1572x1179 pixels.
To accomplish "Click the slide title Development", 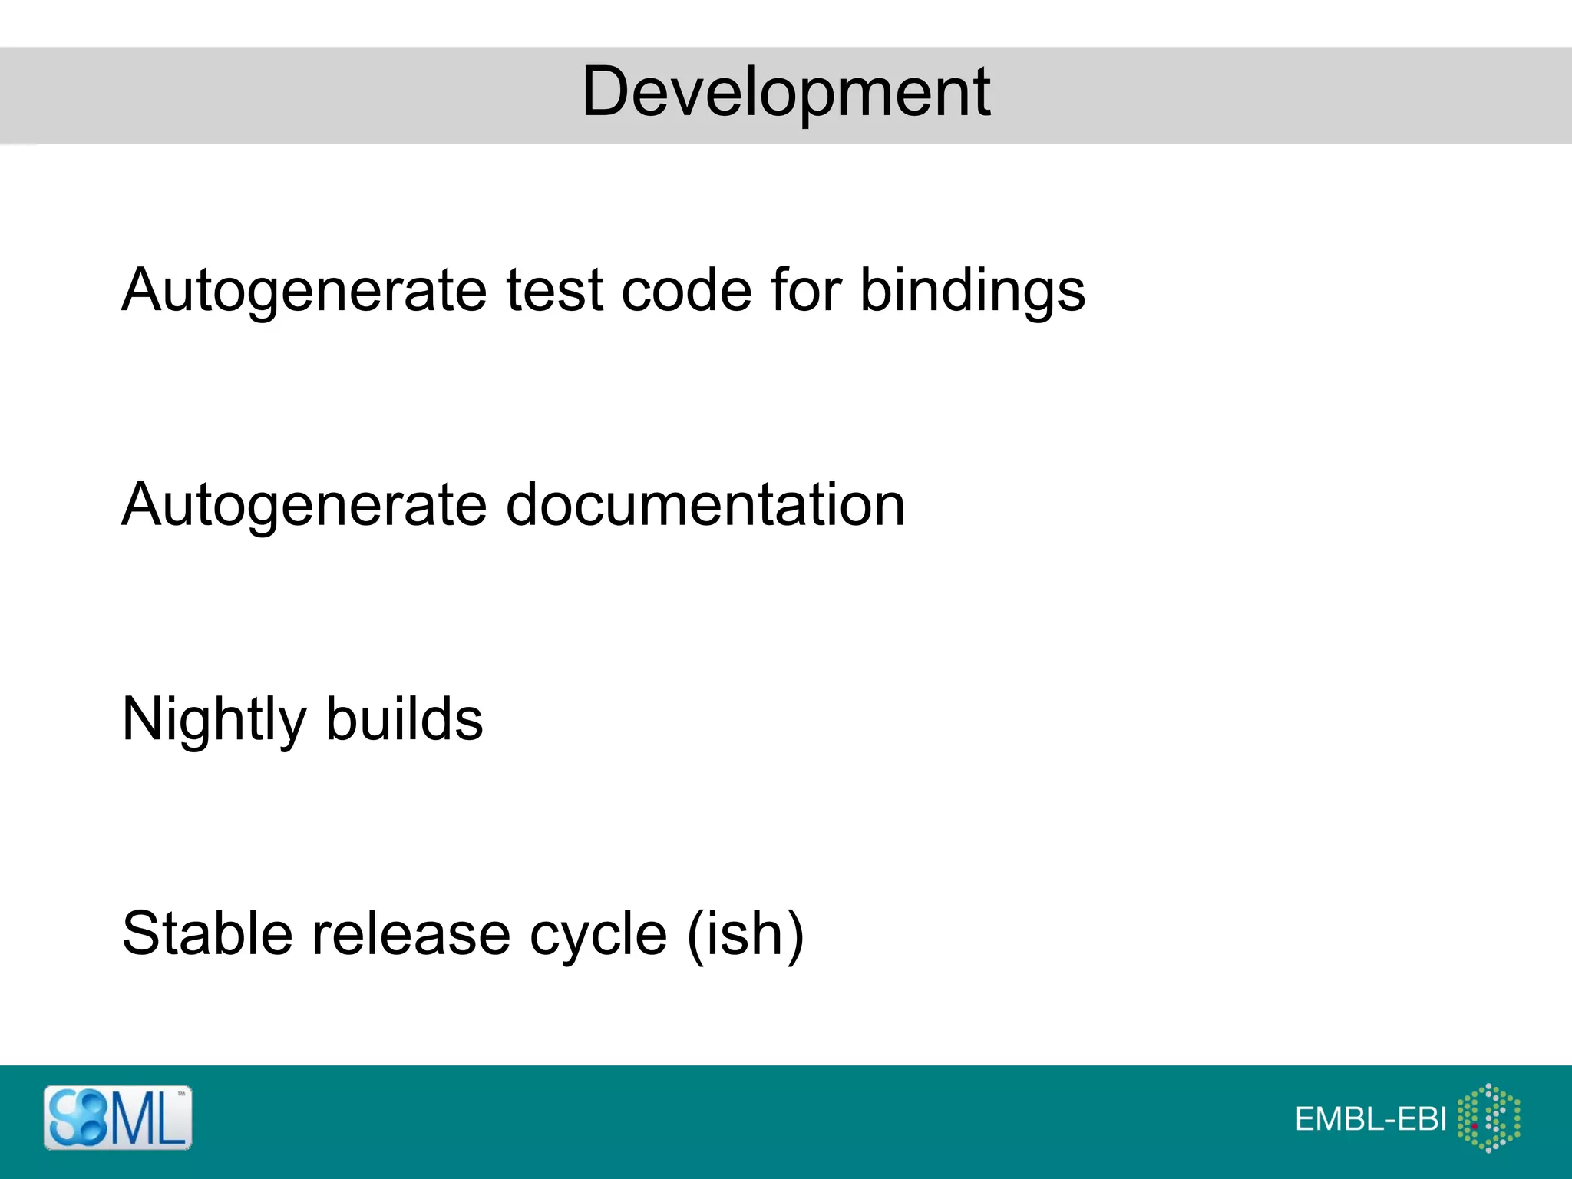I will pos(786,92).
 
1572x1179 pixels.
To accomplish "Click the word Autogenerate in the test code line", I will pos(304,290).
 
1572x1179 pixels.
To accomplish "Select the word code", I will pos(686,290).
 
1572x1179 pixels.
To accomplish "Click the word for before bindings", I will pos(806,290).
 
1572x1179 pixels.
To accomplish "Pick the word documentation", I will pos(705,505).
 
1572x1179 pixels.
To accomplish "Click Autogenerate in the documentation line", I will pos(304,505).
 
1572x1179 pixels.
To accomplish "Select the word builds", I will pos(404,720).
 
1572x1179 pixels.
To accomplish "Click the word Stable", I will pos(207,933).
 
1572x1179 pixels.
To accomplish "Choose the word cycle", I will pos(598,933).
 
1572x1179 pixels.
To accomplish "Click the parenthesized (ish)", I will pos(745,933).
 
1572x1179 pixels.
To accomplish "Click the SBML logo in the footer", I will pos(117,1118).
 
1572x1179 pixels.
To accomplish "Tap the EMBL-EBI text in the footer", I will pos(1370,1119).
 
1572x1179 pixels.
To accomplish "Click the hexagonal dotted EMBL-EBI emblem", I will pos(1488,1118).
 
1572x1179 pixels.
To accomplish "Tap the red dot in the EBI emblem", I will pos(1475,1126).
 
